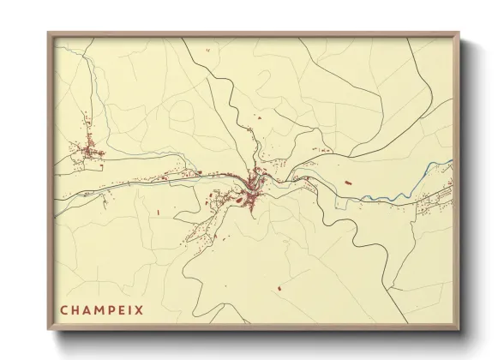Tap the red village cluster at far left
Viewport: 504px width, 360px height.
coord(88,153)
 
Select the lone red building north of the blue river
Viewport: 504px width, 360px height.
coord(347,183)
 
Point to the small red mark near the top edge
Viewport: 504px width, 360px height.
coord(207,50)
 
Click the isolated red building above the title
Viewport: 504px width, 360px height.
coord(159,212)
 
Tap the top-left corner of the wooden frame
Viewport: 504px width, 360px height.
coord(49,34)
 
